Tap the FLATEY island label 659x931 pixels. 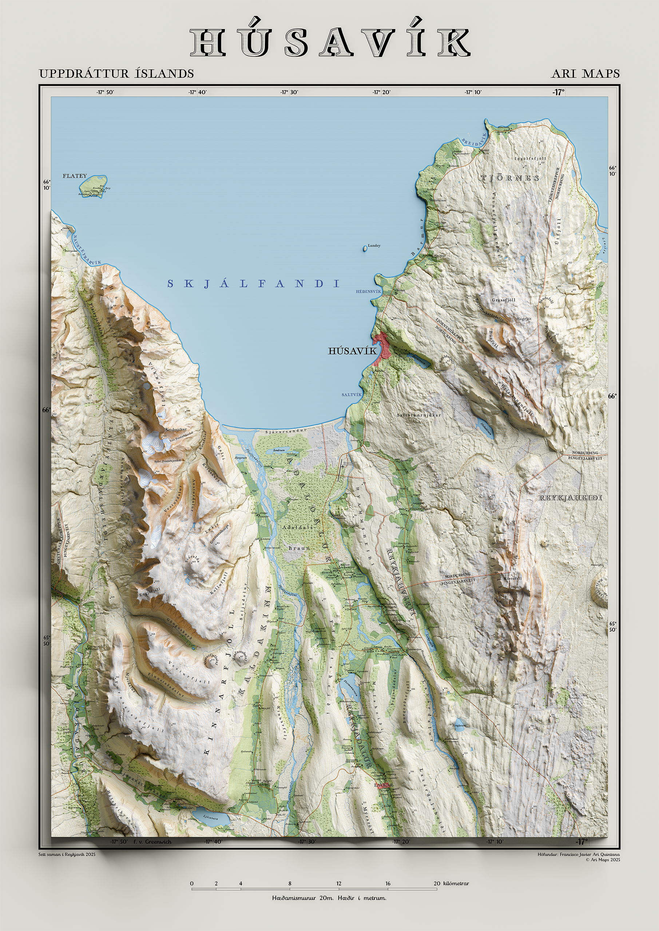[x=75, y=176]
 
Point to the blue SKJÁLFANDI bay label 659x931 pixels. [x=253, y=284]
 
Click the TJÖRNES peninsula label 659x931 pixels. [x=510, y=178]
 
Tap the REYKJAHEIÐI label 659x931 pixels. [x=570, y=498]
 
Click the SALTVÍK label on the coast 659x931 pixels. [x=351, y=395]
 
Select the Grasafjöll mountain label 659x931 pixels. [x=503, y=300]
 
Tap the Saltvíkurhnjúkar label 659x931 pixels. [x=419, y=415]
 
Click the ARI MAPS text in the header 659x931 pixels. [x=585, y=74]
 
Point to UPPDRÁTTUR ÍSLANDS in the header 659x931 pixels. [x=116, y=74]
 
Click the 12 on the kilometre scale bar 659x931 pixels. [x=338, y=883]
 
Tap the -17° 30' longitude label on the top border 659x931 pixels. [x=289, y=92]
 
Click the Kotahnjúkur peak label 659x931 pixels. [x=176, y=429]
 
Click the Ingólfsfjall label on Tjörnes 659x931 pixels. [x=530, y=159]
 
